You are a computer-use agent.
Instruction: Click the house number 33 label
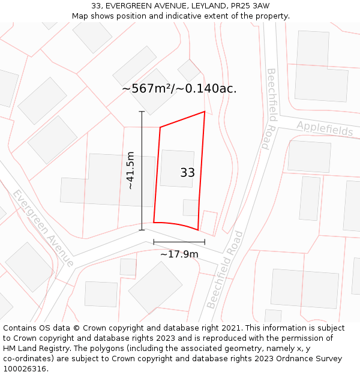[187, 173]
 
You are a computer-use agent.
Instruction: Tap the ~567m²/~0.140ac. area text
[179, 88]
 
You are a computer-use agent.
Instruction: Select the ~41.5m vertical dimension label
[130, 170]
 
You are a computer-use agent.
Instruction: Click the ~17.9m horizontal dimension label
[179, 254]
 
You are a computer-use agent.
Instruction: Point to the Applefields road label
[325, 128]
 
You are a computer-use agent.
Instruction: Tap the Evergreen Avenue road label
[43, 228]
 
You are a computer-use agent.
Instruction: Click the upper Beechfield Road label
[272, 109]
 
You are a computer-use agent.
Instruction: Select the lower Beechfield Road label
[225, 270]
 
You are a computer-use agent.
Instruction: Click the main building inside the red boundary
[176, 168]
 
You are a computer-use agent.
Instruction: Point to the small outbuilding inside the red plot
[191, 208]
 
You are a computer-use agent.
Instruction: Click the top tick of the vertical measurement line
[142, 112]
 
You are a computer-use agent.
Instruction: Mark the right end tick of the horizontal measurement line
[205, 242]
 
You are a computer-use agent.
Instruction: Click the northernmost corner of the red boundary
[205, 112]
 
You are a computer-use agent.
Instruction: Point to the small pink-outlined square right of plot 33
[208, 222]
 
